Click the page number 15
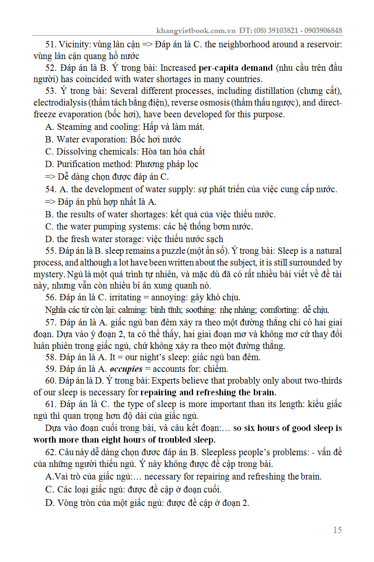tap(337, 530)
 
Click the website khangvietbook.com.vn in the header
tap(196, 31)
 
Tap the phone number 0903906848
tap(321, 31)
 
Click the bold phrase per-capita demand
tap(235, 68)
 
